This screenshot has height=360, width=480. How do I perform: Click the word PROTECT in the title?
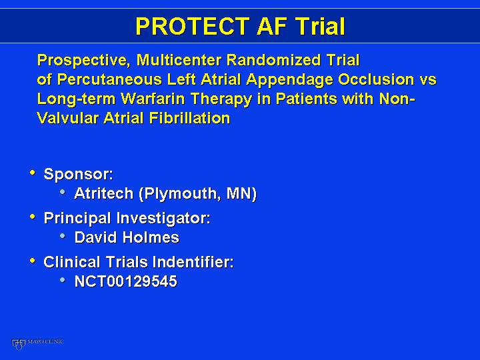192,26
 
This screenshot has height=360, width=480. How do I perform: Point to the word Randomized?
274,60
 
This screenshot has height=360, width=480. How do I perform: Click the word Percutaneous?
109,79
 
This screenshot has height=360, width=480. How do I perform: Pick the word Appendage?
289,80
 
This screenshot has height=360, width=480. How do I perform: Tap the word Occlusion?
375,79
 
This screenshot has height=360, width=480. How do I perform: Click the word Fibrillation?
189,118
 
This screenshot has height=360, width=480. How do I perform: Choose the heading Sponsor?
79,175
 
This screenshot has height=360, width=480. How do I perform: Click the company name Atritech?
104,193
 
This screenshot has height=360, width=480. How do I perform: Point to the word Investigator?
163,219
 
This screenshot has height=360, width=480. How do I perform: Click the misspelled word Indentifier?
193,262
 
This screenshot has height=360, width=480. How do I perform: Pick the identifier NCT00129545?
126,281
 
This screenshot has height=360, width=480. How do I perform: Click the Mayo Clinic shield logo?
19,344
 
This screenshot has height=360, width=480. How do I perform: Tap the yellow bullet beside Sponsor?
33,173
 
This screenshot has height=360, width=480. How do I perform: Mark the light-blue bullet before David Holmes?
63,236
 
